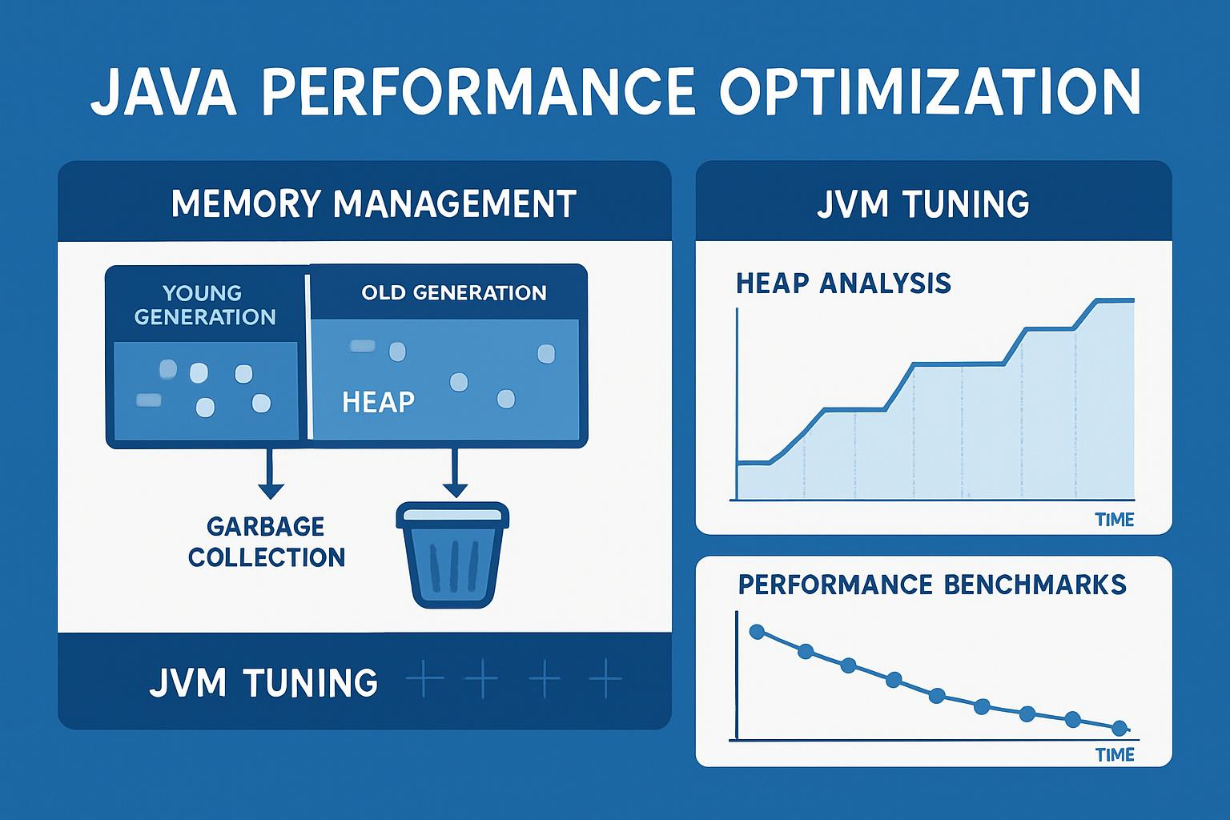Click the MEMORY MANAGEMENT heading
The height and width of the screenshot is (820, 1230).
[x=373, y=203]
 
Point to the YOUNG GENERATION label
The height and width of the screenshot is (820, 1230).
[x=205, y=305]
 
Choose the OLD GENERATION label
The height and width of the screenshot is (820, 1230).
[x=453, y=292]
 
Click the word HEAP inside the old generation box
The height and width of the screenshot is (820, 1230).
[x=378, y=401]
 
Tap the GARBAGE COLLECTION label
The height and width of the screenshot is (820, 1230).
[x=267, y=541]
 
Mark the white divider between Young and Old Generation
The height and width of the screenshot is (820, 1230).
[x=307, y=356]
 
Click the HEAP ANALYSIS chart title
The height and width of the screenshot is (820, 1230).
[x=842, y=283]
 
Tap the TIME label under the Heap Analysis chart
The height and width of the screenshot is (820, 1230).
[x=1114, y=519]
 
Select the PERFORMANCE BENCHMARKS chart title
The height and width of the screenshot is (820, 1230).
[x=932, y=584]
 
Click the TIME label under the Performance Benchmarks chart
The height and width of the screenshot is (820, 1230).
[x=1114, y=754]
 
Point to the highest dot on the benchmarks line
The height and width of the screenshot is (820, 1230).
[x=757, y=632]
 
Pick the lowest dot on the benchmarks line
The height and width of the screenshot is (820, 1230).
[x=1119, y=728]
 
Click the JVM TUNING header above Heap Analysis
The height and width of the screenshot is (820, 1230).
[x=922, y=203]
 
